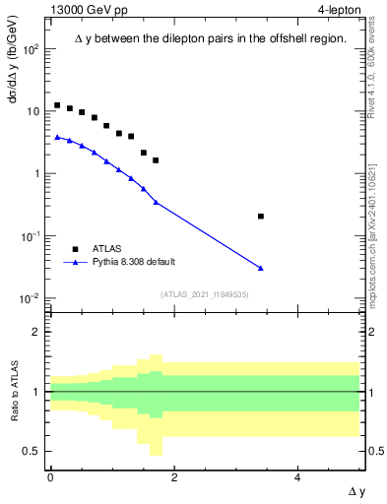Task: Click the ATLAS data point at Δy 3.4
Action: click(260, 216)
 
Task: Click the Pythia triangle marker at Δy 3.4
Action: click(260, 268)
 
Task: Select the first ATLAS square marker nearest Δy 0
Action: click(57, 105)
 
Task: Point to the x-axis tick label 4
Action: click(297, 476)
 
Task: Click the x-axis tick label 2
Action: click(174, 476)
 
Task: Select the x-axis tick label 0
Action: click(50, 476)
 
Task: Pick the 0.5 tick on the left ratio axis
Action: click(33, 451)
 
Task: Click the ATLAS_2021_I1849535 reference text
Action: click(205, 293)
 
